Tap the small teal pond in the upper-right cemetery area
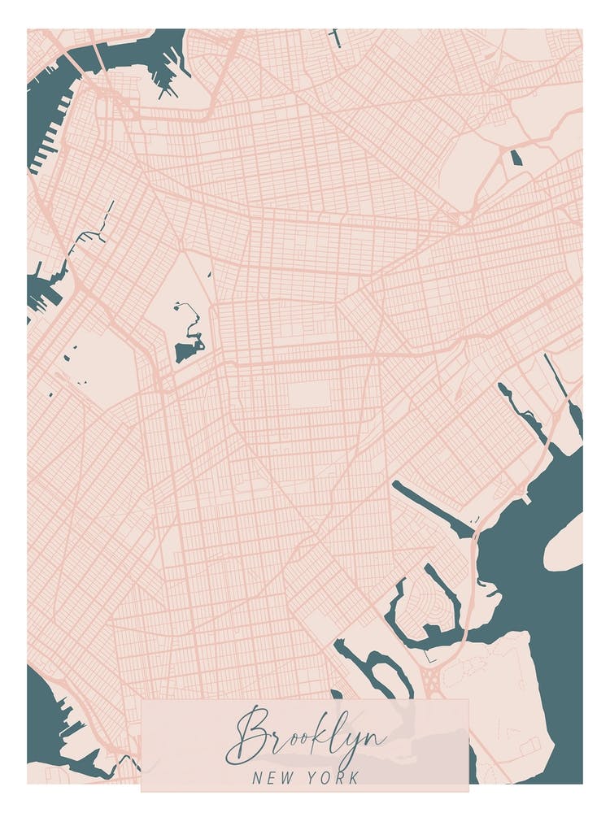coord(516,158)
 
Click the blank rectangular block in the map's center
coord(309,395)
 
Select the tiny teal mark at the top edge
coord(336,37)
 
